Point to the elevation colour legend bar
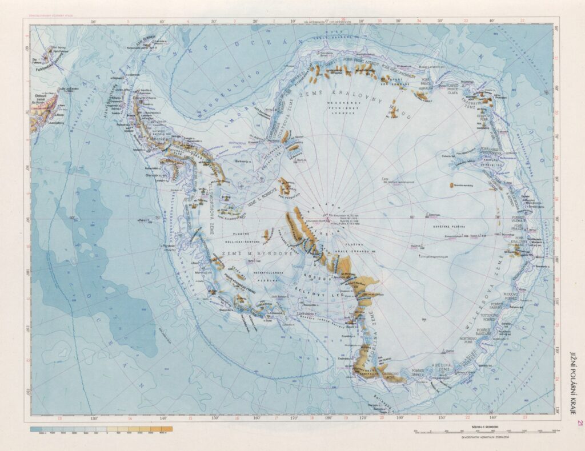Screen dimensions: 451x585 pos(101,428)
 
